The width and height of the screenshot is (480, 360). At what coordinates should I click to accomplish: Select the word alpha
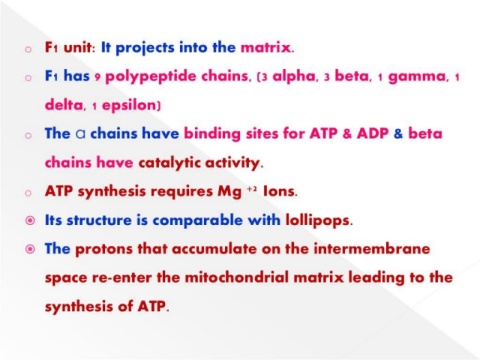click(x=293, y=77)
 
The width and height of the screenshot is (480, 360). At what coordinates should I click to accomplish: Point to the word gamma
click(x=417, y=78)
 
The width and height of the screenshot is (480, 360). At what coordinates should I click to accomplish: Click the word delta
click(x=63, y=105)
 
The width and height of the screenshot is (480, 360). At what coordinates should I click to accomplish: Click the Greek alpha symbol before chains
click(x=80, y=134)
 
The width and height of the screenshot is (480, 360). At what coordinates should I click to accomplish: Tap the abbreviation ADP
click(x=373, y=134)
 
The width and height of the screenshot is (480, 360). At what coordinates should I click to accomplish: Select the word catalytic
click(x=169, y=163)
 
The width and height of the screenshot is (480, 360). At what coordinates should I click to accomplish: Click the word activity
click(x=232, y=163)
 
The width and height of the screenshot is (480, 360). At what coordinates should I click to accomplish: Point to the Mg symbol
click(x=229, y=192)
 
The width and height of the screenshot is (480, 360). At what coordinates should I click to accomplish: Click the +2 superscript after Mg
click(x=252, y=189)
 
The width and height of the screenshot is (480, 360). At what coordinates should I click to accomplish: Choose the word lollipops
click(x=317, y=221)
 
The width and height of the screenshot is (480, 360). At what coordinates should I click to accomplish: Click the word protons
click(x=104, y=250)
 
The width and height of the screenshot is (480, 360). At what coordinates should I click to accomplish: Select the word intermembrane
click(x=372, y=249)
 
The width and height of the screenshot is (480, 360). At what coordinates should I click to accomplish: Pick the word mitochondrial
click(x=236, y=278)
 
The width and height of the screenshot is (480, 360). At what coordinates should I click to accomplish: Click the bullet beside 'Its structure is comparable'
click(x=30, y=221)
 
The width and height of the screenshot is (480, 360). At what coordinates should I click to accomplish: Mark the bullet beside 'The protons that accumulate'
click(x=30, y=249)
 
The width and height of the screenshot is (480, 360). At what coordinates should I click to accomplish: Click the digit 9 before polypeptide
click(x=97, y=78)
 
